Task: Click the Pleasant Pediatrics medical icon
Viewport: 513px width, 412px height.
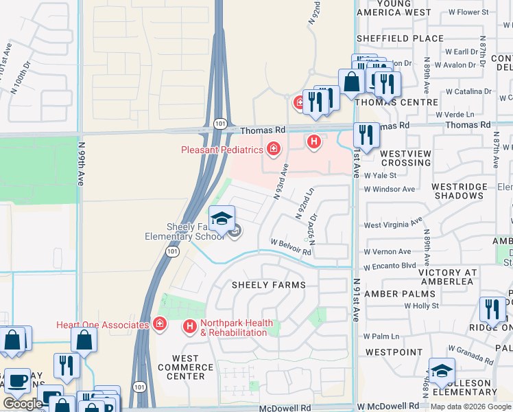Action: coord(274,148)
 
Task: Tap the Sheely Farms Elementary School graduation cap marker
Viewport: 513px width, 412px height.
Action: coord(222,219)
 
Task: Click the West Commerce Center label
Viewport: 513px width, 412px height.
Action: coord(185,367)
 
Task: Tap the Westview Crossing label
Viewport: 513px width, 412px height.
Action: coord(406,158)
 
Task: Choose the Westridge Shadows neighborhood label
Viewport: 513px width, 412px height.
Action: coord(469,191)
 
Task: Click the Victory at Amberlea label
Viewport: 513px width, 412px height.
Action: coord(448,277)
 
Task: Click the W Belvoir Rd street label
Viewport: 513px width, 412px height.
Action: coord(291,247)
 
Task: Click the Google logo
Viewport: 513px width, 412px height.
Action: coord(23,404)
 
